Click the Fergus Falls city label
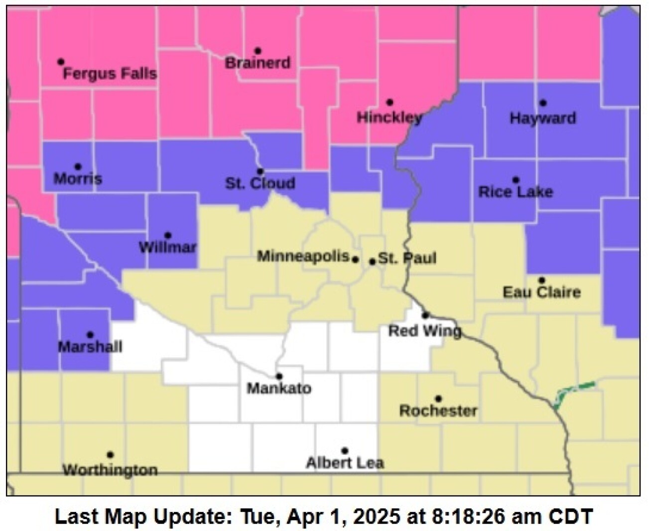(110, 74)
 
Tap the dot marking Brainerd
(258, 51)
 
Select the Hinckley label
(389, 118)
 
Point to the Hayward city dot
(543, 103)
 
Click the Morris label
(78, 179)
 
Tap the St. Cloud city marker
(260, 171)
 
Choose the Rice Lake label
(516, 192)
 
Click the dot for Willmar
(168, 236)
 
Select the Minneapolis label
(303, 257)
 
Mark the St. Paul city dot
(372, 262)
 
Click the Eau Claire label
(541, 292)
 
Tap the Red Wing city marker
(425, 315)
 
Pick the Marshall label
(90, 347)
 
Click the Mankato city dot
(279, 376)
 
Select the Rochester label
(438, 411)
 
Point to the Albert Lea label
(345, 463)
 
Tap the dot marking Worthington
(110, 455)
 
